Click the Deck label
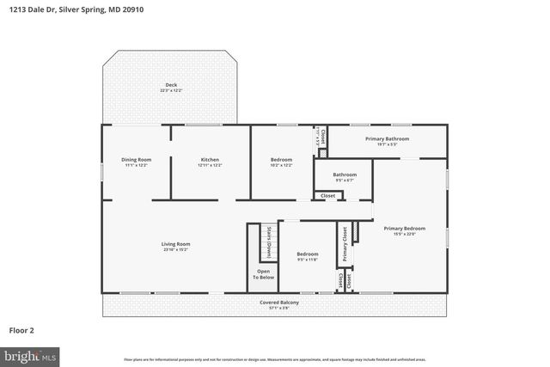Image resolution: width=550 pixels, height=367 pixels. click(x=171, y=85)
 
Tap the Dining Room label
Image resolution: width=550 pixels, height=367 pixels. click(x=136, y=159)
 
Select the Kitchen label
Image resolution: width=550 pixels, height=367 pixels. click(x=210, y=159)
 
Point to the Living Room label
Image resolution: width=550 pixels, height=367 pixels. click(x=175, y=244)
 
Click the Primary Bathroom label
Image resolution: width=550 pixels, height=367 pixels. click(x=387, y=138)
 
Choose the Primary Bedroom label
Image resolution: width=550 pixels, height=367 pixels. click(x=404, y=228)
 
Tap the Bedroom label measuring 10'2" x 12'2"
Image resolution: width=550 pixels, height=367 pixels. click(x=281, y=159)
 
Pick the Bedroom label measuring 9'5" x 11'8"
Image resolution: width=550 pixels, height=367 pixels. click(x=308, y=254)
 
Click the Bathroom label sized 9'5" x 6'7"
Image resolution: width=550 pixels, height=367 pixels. click(x=345, y=174)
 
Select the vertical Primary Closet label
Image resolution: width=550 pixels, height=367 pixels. click(x=345, y=243)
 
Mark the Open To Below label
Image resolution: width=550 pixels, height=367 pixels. click(x=263, y=274)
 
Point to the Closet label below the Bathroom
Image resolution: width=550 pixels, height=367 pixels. click(x=328, y=196)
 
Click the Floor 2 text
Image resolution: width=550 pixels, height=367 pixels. click(x=22, y=329)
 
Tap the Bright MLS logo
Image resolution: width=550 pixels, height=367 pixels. click(x=30, y=355)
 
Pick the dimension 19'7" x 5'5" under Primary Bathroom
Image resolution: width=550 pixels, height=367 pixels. click(x=387, y=144)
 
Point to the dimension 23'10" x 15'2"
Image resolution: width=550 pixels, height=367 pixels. click(x=175, y=250)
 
